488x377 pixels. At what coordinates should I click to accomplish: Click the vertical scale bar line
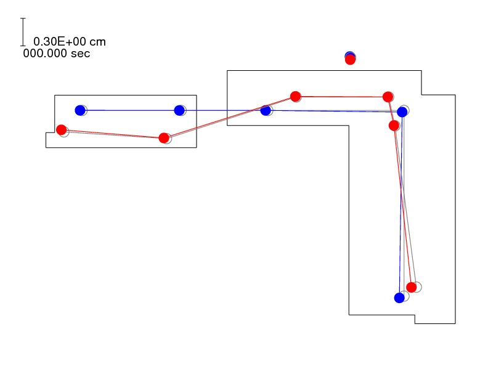(23, 32)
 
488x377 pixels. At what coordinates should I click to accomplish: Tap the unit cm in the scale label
(97, 42)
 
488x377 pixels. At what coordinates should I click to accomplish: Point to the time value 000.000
(45, 54)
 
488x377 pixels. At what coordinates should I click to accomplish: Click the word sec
(80, 54)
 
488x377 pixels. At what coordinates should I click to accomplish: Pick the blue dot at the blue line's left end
(80, 110)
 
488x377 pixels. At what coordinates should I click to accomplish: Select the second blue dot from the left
(179, 110)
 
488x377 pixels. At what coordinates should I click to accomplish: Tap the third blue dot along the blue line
(266, 110)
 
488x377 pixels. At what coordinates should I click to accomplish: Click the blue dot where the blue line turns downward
(402, 112)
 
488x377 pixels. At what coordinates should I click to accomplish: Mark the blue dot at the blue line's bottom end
(399, 298)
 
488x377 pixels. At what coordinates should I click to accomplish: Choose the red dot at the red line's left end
(62, 130)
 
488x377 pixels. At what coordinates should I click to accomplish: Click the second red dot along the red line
(164, 138)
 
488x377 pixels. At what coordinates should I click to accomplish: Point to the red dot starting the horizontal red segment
(295, 97)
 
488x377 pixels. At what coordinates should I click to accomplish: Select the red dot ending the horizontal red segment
(388, 97)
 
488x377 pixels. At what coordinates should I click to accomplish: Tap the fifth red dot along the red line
(394, 126)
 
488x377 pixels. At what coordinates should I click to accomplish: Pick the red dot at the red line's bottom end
(412, 288)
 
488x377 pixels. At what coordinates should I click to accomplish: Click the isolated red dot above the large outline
(350, 59)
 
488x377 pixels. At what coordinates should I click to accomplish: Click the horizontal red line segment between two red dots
(341, 97)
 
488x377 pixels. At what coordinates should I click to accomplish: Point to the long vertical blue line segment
(401, 205)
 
